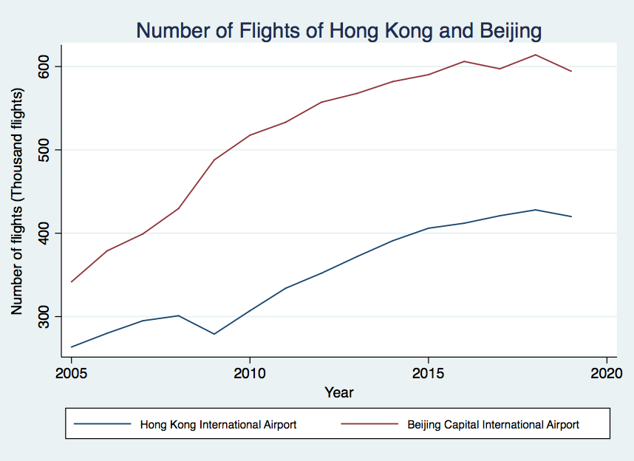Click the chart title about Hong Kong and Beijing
pyautogui.click(x=339, y=31)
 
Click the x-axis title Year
pyautogui.click(x=339, y=392)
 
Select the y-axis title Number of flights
pyautogui.click(x=17, y=201)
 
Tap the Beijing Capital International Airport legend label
pyautogui.click(x=493, y=425)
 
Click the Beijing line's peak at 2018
pyautogui.click(x=535, y=55)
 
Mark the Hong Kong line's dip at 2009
pyautogui.click(x=214, y=334)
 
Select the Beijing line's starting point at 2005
pyautogui.click(x=72, y=281)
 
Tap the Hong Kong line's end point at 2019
pyautogui.click(x=571, y=216)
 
